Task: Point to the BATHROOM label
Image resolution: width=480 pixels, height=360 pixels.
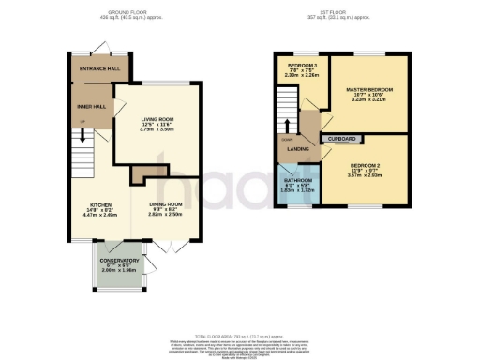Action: (x=299, y=182)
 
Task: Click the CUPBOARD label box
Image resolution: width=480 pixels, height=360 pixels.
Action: (x=341, y=139)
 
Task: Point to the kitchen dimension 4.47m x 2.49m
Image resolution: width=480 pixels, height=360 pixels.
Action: (x=101, y=216)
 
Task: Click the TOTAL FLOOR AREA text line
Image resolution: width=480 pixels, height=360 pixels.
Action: (x=240, y=335)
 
